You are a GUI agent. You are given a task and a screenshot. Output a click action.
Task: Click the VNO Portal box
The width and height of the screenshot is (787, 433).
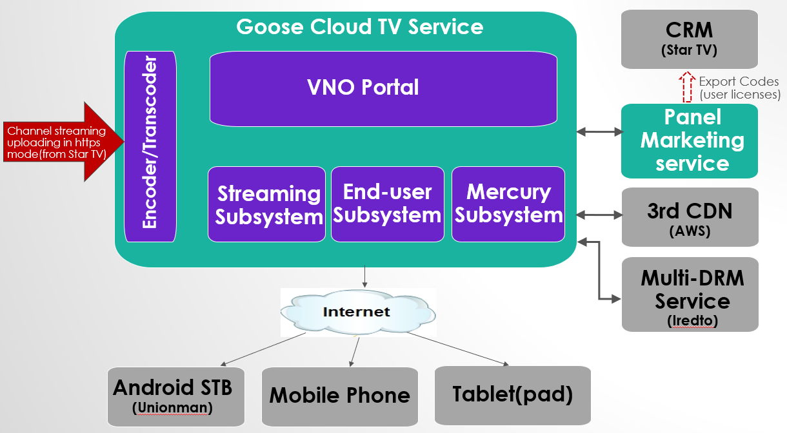click(x=383, y=89)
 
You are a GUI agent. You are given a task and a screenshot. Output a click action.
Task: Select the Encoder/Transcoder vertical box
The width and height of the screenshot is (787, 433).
click(x=150, y=146)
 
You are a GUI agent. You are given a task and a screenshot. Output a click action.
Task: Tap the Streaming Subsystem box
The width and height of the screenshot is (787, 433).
click(x=266, y=204)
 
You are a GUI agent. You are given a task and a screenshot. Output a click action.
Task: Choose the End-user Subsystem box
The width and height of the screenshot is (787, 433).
click(x=388, y=204)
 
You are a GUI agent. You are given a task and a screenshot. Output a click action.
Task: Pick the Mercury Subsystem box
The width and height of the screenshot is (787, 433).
click(x=508, y=204)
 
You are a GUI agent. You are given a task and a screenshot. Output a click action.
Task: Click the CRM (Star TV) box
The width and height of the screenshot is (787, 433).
click(x=690, y=39)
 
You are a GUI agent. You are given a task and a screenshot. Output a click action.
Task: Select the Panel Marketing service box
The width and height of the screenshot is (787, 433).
click(x=690, y=141)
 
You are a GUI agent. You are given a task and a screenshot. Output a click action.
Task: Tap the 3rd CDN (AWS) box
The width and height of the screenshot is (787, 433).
click(x=690, y=217)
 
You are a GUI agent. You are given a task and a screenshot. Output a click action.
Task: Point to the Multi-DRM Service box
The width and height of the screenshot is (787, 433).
click(x=690, y=294)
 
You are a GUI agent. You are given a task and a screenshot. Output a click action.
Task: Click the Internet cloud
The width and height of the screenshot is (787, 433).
click(x=358, y=312)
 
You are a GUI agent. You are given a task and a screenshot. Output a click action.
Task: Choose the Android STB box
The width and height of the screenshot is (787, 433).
click(x=176, y=397)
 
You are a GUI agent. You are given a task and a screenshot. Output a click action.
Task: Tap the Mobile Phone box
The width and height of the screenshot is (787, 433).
click(x=340, y=397)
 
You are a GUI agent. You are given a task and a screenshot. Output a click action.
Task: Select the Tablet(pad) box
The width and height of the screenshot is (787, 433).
click(x=513, y=396)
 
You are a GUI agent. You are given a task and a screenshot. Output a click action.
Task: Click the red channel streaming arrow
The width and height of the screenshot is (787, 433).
click(x=64, y=142)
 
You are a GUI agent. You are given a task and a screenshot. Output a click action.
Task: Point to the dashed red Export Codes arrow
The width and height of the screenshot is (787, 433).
click(x=687, y=87)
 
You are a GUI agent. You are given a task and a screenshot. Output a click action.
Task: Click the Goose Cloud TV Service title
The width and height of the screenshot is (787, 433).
click(x=360, y=26)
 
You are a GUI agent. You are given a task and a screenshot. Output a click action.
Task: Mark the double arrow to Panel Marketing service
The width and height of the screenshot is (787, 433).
click(x=600, y=132)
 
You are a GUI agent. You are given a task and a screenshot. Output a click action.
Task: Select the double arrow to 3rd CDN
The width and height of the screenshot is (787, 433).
click(x=600, y=215)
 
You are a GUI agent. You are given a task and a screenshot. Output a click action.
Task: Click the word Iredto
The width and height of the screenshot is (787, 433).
click(x=692, y=320)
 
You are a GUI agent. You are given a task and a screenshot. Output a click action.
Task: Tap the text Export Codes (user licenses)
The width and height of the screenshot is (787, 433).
click(x=739, y=88)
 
